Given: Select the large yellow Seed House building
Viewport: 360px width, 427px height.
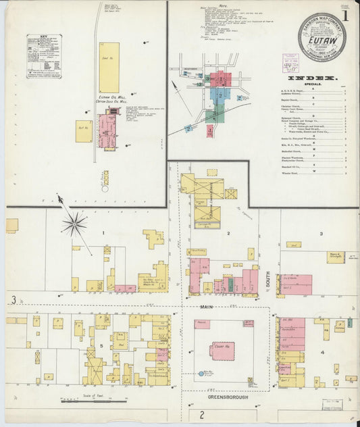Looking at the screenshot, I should point(109,68).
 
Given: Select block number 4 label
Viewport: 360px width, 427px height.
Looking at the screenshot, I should point(322,352).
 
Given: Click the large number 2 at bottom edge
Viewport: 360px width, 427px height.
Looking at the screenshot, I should point(201,415).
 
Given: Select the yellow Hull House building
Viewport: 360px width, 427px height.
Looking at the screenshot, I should point(84,130).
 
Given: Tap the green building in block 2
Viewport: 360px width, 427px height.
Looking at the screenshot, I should point(230,285).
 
